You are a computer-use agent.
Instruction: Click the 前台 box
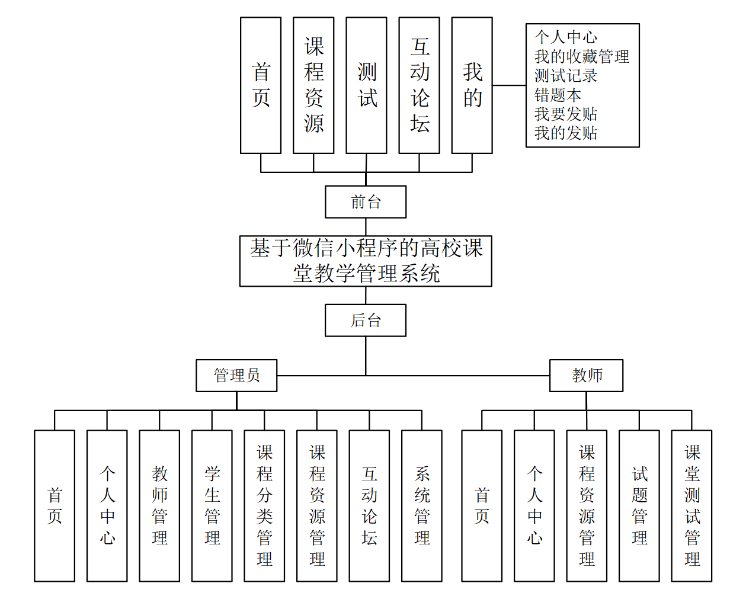pos(366,202)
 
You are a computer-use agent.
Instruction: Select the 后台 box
pos(366,320)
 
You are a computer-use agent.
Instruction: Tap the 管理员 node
pos(236,376)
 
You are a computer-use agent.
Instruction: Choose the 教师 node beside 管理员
pos(586,376)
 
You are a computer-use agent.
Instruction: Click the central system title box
pos(366,261)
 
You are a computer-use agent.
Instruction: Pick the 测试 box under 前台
pos(366,85)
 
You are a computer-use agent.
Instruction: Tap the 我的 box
pos(472,85)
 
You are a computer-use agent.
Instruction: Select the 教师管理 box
pos(159,505)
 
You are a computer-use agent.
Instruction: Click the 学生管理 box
pos(212,505)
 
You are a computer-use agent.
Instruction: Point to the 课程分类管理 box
pos(264,505)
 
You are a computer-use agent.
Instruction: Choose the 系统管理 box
pos(422,505)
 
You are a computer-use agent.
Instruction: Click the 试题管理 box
pos(639,505)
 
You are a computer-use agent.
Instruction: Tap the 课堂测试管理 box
pos(691,505)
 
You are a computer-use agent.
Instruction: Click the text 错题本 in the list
pos(558,95)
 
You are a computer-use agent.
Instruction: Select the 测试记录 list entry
pos(566,76)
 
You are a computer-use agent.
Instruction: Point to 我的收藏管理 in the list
pos(581,57)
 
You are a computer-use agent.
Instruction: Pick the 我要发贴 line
pos(566,114)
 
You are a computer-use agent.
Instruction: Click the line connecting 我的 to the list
pos(509,85)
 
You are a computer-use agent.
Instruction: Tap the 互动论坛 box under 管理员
pos(369,505)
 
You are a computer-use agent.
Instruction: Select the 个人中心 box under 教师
pos(534,505)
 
